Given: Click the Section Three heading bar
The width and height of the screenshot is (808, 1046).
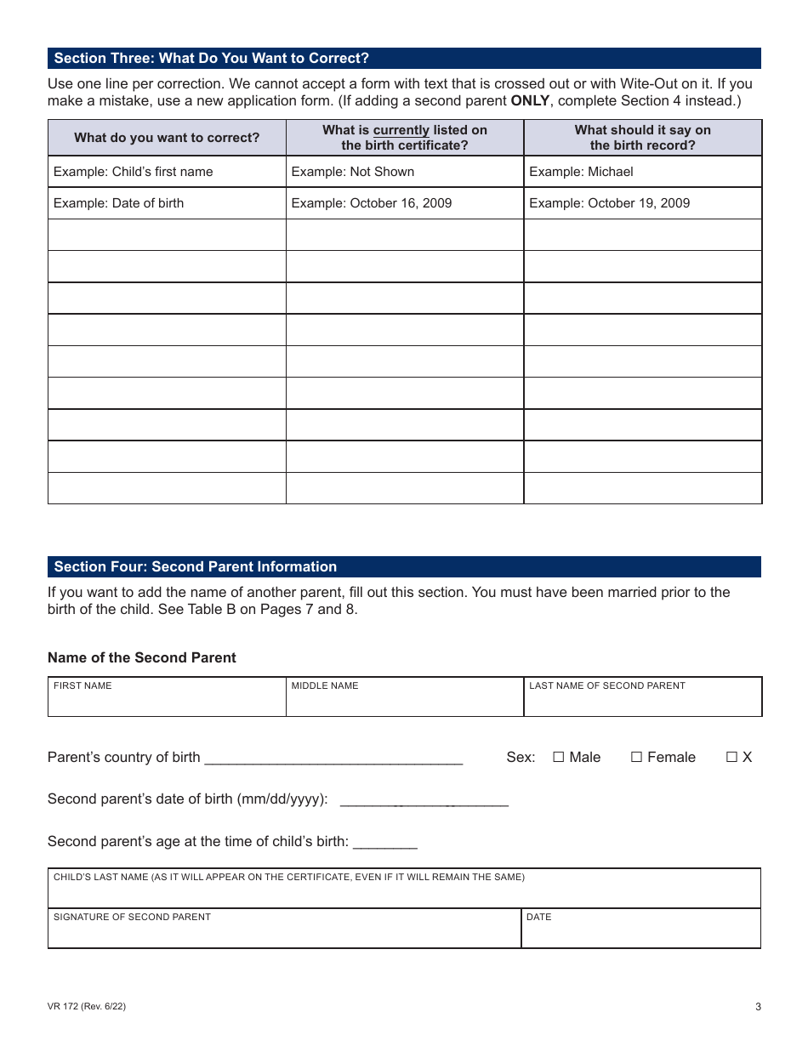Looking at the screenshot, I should [404, 59].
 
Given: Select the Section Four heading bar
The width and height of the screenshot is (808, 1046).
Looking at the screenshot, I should [404, 567].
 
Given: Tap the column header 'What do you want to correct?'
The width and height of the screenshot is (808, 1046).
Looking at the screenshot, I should [167, 138].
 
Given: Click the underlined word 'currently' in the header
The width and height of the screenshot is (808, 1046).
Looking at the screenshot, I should [401, 131].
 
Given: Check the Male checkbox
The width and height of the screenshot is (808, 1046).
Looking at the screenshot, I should [559, 758].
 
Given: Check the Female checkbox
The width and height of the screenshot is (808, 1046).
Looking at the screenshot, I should [636, 758].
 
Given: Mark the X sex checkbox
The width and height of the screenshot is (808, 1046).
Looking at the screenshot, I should [731, 758].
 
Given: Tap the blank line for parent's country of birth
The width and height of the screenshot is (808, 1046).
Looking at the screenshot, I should [333, 758].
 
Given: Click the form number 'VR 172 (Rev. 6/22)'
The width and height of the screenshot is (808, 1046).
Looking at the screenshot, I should [87, 1007].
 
